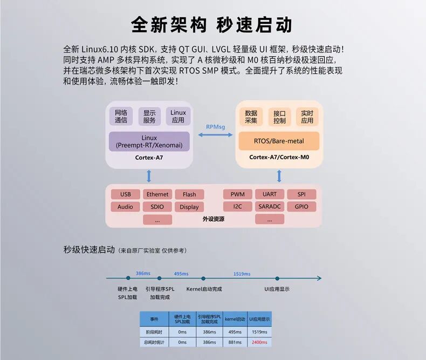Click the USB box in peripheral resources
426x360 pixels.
click(125, 194)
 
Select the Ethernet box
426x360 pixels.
click(157, 194)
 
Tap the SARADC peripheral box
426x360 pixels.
click(270, 207)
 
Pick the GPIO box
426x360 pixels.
click(301, 207)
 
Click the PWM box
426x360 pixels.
click(237, 194)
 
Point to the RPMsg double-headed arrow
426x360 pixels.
click(216, 137)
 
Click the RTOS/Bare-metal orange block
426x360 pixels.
click(279, 141)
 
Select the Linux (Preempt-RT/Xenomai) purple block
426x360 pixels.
click(149, 142)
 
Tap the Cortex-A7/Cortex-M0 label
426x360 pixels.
click(279, 158)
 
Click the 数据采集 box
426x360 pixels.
click(251, 117)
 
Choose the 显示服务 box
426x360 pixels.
click(149, 117)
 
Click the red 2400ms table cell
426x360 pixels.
click(259, 342)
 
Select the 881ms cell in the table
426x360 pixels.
click(235, 342)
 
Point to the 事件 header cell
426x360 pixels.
click(154, 318)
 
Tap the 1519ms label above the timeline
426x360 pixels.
click(242, 274)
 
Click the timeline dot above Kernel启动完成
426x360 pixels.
click(203, 279)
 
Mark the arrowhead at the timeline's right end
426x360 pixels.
click(319, 279)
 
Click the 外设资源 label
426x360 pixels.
click(214, 219)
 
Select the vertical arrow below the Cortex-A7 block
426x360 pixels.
click(149, 176)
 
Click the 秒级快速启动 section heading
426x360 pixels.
click(89, 250)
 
